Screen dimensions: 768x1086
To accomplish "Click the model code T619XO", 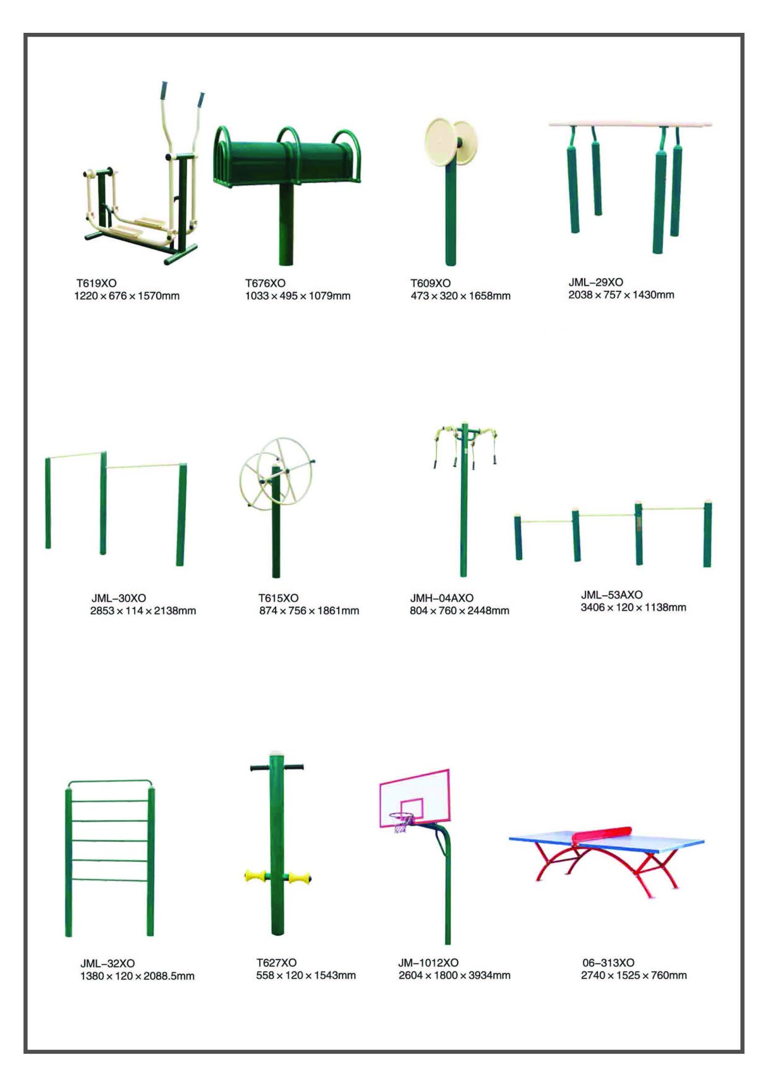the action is (x=96, y=283).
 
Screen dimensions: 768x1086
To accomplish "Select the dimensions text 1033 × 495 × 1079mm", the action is (x=298, y=296).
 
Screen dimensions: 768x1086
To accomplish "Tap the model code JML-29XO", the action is (x=595, y=282).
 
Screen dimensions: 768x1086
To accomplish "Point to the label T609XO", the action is (x=430, y=283).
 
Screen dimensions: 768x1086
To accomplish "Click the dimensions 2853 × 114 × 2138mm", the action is (x=143, y=611).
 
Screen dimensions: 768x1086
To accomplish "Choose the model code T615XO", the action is (x=278, y=598).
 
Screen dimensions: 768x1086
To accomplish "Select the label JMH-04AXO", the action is (x=442, y=598).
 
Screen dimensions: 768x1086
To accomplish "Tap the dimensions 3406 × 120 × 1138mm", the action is (x=633, y=607).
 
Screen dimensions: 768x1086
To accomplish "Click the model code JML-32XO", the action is (x=107, y=963).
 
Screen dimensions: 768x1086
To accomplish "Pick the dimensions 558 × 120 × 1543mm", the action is (x=306, y=975).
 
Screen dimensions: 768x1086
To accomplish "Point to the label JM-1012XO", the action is (x=429, y=963).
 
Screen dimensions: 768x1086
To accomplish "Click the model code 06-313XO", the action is (x=609, y=963).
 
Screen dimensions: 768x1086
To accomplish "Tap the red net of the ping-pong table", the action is (x=601, y=834).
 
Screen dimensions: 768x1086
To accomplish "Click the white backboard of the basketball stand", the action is (x=415, y=798).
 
